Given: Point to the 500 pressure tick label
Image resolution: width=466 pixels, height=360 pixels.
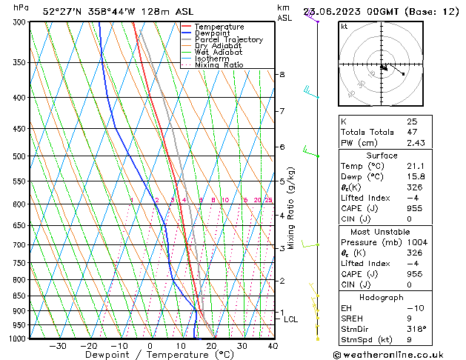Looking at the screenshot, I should tap(20, 156).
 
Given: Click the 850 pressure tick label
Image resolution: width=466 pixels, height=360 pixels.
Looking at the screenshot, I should tap(20, 296).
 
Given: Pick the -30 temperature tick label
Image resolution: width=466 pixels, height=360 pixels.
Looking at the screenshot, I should tap(58, 346).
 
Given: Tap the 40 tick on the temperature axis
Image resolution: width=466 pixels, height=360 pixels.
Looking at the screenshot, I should tap(273, 346).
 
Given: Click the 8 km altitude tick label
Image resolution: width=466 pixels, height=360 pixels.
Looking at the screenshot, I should tap(282, 75).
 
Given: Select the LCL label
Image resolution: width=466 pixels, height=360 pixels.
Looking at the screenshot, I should tap(291, 320).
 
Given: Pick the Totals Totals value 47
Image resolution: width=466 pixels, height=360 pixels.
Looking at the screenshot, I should tap(412, 132).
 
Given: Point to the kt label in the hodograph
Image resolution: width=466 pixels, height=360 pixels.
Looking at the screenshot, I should tap(344, 27).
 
